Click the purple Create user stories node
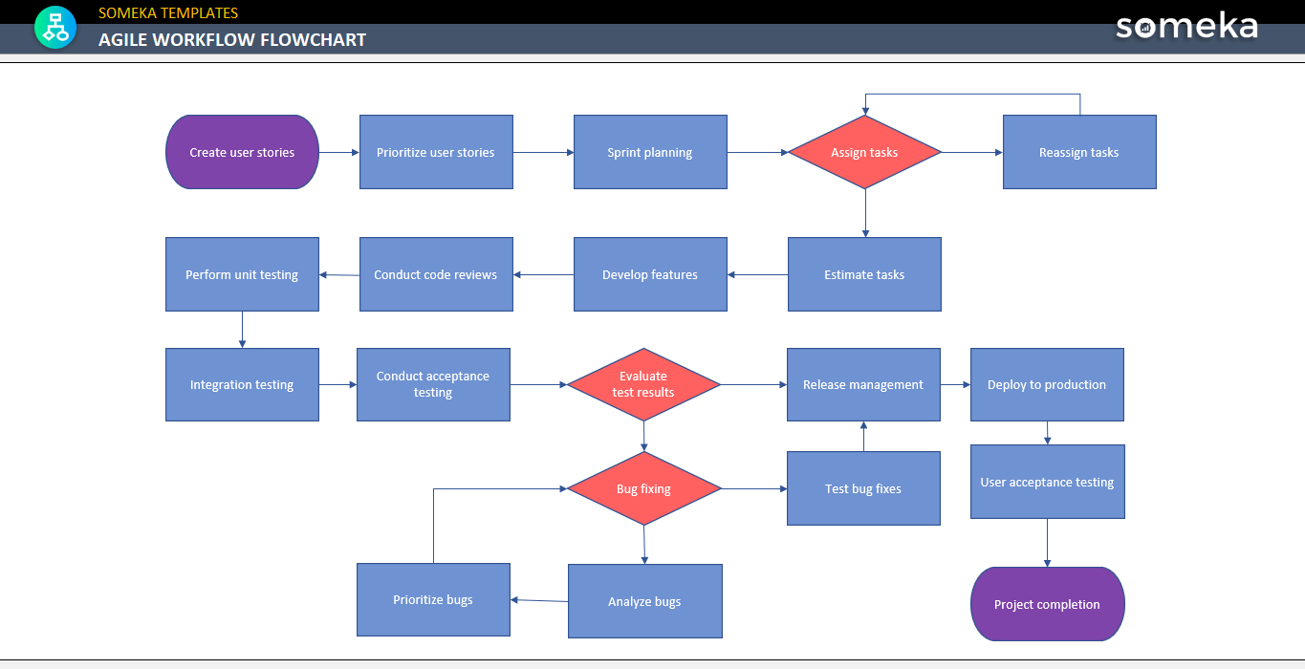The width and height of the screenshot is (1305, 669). click(242, 152)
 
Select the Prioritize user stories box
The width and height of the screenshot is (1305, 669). click(436, 152)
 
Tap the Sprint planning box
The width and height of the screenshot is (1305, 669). click(650, 152)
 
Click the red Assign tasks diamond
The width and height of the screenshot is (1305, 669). click(864, 152)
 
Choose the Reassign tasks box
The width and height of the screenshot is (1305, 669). click(1078, 152)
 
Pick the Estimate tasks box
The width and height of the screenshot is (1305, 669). click(864, 274)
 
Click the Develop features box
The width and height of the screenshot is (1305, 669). click(650, 274)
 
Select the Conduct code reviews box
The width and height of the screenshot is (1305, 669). click(436, 274)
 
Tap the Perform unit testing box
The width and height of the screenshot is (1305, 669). click(242, 274)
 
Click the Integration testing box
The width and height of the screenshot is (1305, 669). click(242, 384)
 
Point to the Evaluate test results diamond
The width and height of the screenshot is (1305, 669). click(643, 384)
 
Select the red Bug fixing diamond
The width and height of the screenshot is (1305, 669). click(643, 488)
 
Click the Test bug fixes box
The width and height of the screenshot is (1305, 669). click(863, 488)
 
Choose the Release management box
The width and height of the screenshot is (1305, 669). click(863, 384)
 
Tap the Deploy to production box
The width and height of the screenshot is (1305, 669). click(1047, 384)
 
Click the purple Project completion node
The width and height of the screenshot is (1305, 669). click(1047, 604)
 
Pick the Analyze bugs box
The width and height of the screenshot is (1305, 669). click(644, 601)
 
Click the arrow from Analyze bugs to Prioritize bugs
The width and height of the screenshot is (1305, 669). click(539, 600)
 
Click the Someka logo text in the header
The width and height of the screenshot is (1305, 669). click(1186, 26)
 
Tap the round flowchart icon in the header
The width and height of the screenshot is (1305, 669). click(55, 27)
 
